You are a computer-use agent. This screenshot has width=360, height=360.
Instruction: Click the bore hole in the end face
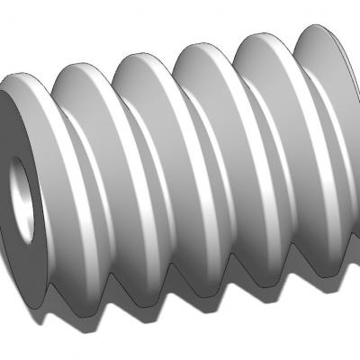(22, 200)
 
